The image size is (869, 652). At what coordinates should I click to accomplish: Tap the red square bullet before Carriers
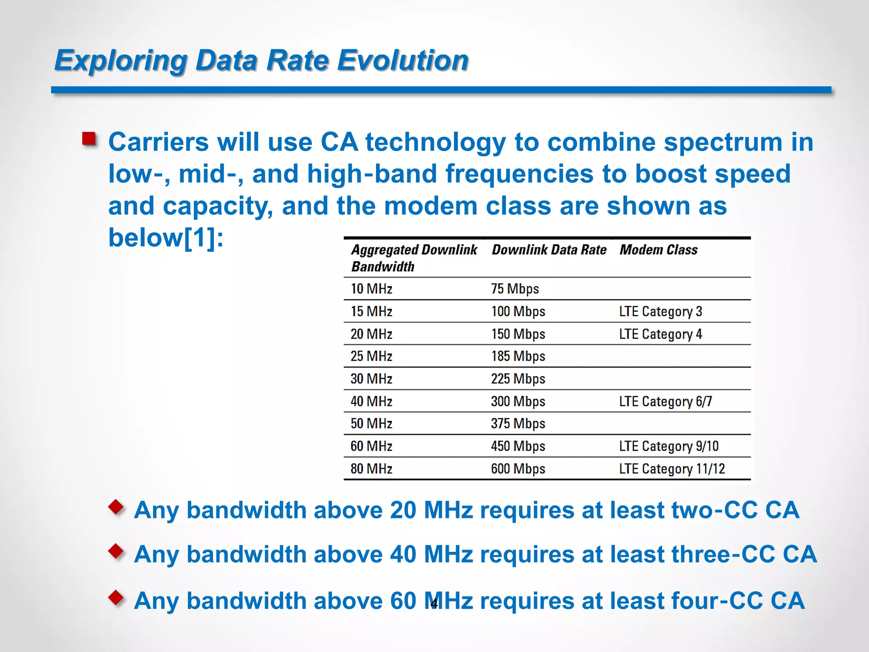tap(89, 139)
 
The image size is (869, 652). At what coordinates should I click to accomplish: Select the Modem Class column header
tap(658, 250)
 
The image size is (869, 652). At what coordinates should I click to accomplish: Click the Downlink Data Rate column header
tap(549, 250)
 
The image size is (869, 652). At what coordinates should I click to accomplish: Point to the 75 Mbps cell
tap(515, 289)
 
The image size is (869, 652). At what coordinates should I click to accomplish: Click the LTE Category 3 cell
tap(660, 311)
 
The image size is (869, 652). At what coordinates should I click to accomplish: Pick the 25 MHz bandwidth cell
tap(371, 356)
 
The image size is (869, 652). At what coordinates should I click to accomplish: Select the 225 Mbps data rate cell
tap(518, 378)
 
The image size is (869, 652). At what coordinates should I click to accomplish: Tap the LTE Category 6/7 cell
tap(665, 401)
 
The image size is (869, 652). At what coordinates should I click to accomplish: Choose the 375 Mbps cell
tap(518, 423)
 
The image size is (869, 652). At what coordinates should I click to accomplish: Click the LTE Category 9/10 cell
tap(668, 446)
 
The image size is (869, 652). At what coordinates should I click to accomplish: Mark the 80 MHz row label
tap(371, 468)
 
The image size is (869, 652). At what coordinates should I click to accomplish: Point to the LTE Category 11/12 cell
tap(672, 468)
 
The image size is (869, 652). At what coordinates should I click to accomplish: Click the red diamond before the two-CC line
tap(116, 507)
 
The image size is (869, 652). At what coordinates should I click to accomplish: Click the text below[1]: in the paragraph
tap(165, 238)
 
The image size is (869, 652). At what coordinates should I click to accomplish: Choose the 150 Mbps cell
tap(518, 334)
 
